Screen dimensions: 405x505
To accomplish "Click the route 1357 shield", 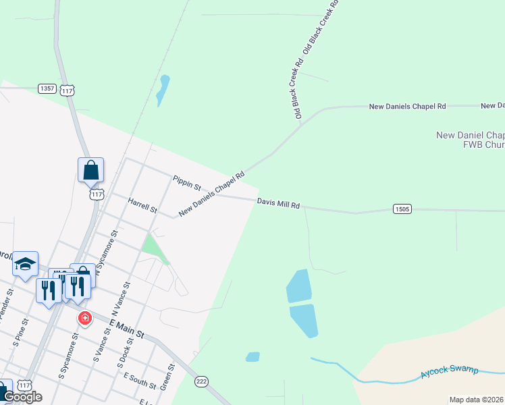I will [47, 88].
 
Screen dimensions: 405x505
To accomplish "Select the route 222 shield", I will [201, 381].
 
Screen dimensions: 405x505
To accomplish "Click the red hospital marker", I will [84, 318].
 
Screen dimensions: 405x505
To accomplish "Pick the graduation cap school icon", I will [25, 264].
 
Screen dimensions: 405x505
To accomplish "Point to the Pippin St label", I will [187, 183].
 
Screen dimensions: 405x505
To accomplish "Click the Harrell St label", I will [142, 205].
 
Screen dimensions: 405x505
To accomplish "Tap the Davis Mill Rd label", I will [277, 202].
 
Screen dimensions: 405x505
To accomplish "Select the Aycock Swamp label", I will [449, 371].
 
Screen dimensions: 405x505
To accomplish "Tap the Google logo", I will [22, 397].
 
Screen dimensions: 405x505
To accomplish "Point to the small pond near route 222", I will [252, 356].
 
